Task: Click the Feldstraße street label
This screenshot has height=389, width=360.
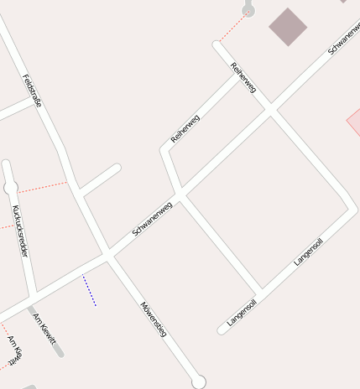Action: pyautogui.click(x=32, y=91)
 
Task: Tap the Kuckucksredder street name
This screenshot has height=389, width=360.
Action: pyautogui.click(x=21, y=230)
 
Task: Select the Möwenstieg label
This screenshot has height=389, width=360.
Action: pyautogui.click(x=154, y=319)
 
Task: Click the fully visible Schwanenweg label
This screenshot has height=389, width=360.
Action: pyautogui.click(x=152, y=218)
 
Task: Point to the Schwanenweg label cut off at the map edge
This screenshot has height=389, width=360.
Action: pyautogui.click(x=344, y=38)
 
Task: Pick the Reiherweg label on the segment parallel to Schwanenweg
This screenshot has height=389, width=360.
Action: pyautogui.click(x=185, y=127)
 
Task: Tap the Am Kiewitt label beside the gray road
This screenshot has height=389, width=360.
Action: pyautogui.click(x=44, y=328)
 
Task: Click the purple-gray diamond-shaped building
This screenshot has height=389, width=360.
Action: pyautogui.click(x=288, y=27)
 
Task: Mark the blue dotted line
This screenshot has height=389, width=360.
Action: pyautogui.click(x=89, y=291)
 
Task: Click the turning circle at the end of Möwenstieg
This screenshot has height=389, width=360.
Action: pyautogui.click(x=198, y=382)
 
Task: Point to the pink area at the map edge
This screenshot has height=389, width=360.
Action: pyautogui.click(x=355, y=122)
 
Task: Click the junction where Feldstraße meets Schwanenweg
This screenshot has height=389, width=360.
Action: pyautogui.click(x=107, y=254)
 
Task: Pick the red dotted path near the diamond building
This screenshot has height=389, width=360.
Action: pyautogui.click(x=232, y=28)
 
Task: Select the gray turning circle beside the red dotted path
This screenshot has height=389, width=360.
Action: pyautogui.click(x=248, y=10)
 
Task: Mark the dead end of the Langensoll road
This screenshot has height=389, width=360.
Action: pyautogui.click(x=222, y=330)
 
